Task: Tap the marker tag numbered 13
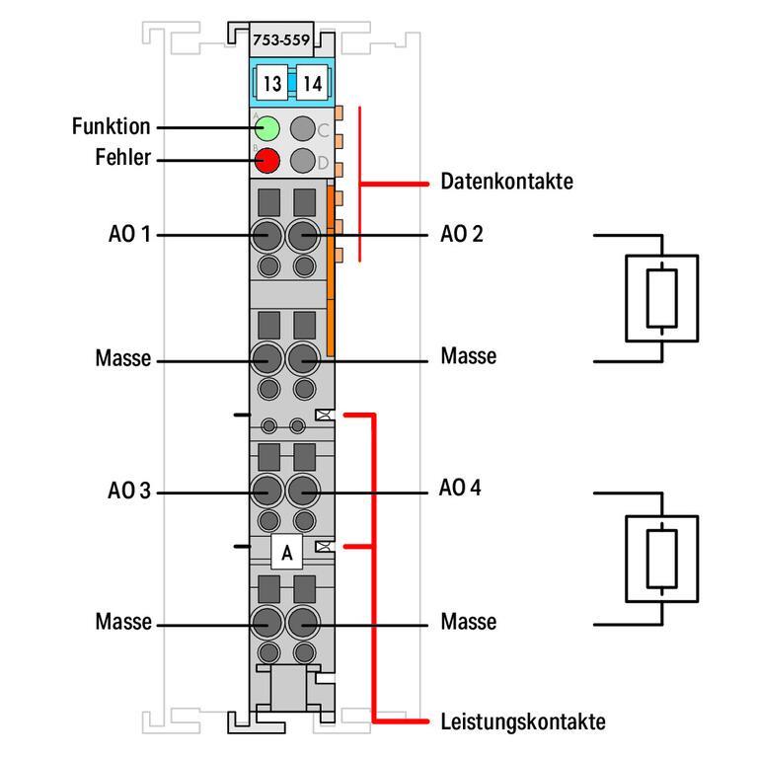[x=272, y=84]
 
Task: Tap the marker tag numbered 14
[x=311, y=84]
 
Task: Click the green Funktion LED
[x=266, y=127]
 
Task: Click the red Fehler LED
[x=266, y=160]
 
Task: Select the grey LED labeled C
[x=303, y=127]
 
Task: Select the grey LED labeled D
[x=303, y=161]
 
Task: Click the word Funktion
[x=111, y=126]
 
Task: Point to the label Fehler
[x=123, y=157]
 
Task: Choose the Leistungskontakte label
[x=522, y=721]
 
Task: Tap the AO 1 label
[x=129, y=235]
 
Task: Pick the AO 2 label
[x=461, y=235]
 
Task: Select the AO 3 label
[x=129, y=490]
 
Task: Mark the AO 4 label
[x=461, y=489]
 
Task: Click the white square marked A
[x=286, y=554]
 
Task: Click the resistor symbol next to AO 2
[x=661, y=298]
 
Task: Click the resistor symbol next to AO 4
[x=661, y=559]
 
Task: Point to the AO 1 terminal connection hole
[x=266, y=236]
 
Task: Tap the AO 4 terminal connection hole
[x=303, y=490]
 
